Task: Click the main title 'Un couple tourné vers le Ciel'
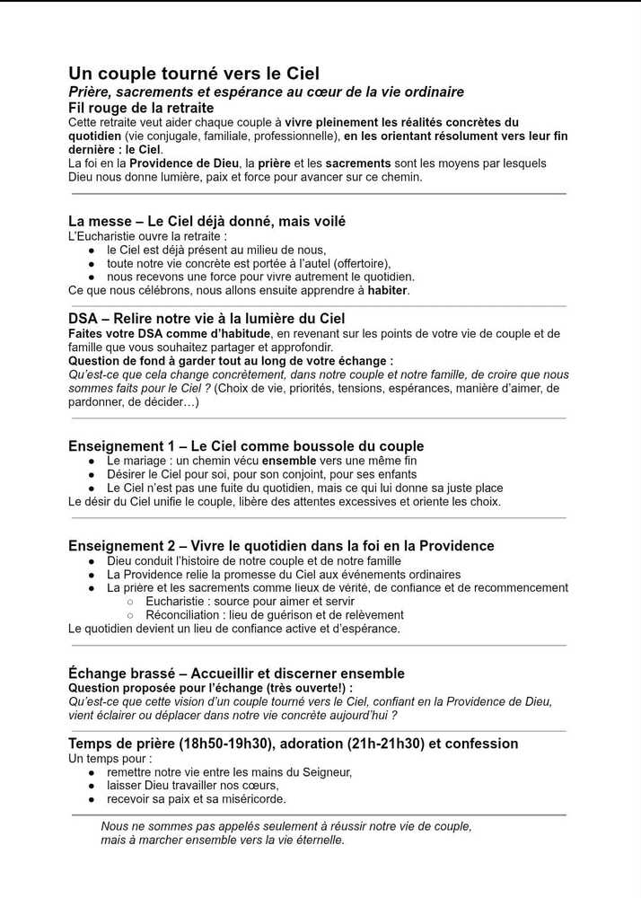click(194, 73)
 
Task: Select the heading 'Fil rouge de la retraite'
click(141, 108)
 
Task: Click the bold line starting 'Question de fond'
click(231, 360)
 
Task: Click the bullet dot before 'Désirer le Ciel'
click(92, 474)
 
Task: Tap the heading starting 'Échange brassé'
click(236, 673)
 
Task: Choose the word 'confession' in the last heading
click(480, 744)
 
